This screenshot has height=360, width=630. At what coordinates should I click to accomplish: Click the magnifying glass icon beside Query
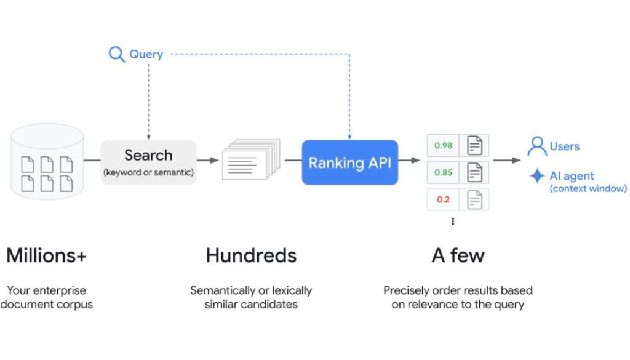coord(116,54)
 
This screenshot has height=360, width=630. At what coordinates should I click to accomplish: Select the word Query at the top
coord(146,54)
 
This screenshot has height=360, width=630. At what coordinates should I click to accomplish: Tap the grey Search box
coord(148,162)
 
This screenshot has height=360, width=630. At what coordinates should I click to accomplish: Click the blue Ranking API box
coord(349,162)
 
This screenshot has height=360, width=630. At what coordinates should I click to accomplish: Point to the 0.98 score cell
coord(443,146)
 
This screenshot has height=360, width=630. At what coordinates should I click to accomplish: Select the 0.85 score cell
coord(443,173)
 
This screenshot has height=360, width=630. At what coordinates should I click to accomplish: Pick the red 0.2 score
coord(443,199)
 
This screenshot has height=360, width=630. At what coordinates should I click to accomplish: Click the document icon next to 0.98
coord(474,146)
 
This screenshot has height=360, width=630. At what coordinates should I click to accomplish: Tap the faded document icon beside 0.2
coord(474,199)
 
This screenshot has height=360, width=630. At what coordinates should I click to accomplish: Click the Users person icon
coord(537,146)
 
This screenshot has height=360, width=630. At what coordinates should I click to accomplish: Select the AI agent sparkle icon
coord(537,176)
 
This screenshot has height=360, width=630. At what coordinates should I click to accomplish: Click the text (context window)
coord(588,189)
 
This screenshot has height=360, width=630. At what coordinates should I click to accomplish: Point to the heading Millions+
coord(46,255)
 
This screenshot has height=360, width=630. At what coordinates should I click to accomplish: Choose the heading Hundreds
coord(251,255)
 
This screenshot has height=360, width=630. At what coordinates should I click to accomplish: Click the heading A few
coord(458,255)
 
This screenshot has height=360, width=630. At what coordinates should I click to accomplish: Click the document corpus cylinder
coord(47,161)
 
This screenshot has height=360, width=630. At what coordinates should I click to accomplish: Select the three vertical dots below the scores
coord(453,222)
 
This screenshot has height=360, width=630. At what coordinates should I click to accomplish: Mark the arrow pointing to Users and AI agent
coord(507,161)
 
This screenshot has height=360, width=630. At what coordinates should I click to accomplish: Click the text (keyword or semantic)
coord(148,172)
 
